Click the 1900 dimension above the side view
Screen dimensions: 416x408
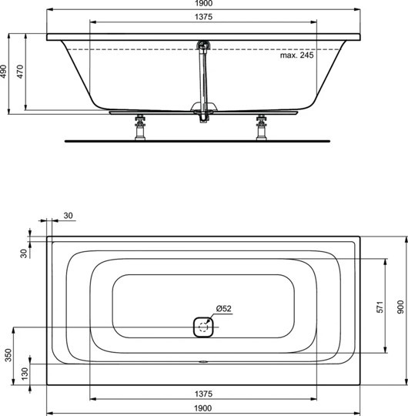tap(203, 5)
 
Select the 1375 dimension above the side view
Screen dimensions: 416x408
tap(203, 16)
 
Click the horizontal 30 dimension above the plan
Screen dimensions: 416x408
tap(69, 216)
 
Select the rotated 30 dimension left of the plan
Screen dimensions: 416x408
tap(23, 252)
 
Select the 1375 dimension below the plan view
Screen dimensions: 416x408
tap(203, 394)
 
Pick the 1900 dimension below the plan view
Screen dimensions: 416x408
tap(203, 408)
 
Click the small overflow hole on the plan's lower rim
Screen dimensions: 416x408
tap(203, 360)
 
